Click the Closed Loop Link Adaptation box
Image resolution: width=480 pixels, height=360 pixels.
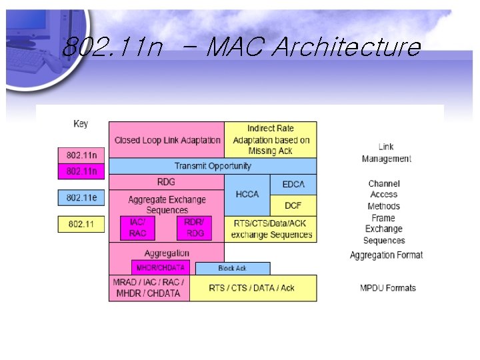tap(167, 140)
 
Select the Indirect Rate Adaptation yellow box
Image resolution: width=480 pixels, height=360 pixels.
tap(271, 140)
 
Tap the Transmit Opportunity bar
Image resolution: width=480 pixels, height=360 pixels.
tap(213, 166)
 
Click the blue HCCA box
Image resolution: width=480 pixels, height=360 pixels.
tap(247, 194)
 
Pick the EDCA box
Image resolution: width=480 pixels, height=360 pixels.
tap(293, 184)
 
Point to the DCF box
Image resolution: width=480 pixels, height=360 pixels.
tap(293, 205)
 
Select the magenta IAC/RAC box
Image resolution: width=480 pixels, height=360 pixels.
tap(138, 228)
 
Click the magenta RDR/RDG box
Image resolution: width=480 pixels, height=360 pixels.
tap(195, 228)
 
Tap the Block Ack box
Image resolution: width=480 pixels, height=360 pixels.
tap(232, 269)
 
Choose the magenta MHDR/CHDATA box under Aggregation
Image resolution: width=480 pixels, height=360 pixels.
tap(161, 268)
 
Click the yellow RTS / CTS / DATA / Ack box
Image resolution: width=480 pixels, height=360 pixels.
tap(253, 288)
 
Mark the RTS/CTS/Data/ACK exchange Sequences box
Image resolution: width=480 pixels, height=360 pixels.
tap(271, 229)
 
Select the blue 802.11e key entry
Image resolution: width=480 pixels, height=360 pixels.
tap(81, 198)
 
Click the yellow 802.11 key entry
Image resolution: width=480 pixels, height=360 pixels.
tap(81, 224)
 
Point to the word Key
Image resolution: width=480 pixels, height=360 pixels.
tap(81, 124)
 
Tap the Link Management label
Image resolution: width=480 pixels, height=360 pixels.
tap(386, 153)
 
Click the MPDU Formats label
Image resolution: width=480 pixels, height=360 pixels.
tap(387, 288)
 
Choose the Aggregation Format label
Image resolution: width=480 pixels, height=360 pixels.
tap(386, 255)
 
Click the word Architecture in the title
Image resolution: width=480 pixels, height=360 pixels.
tap(347, 48)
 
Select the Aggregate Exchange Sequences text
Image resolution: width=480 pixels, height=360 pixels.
tap(167, 205)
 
